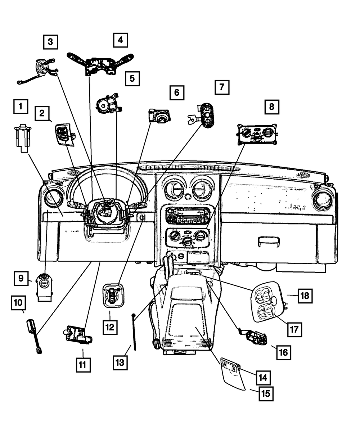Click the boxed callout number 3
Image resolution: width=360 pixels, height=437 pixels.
tap(50, 42)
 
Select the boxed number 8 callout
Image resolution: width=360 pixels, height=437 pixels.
tap(271, 107)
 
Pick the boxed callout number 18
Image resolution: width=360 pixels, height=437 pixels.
tap(305, 296)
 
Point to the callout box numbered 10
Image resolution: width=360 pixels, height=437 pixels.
tap(18, 303)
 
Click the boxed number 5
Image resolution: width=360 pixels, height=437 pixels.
tap(132, 79)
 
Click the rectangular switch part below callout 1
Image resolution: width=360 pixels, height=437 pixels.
tap(23, 138)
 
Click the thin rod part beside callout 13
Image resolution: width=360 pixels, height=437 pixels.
tap(134, 332)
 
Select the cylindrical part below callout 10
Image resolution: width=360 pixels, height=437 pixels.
tap(34, 337)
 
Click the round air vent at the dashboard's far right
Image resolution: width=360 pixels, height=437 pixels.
tap(322, 198)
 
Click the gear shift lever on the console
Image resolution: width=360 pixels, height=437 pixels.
tap(168, 268)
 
